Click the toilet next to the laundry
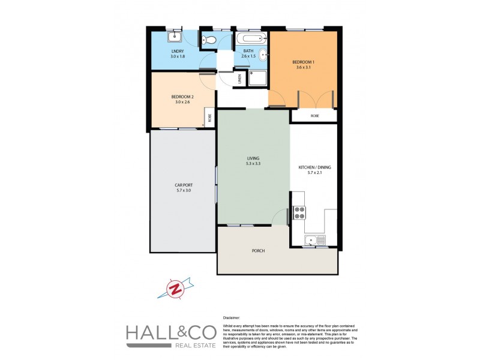click(206, 40)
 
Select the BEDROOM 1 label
click(303, 62)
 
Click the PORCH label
click(259, 251)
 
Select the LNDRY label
click(178, 52)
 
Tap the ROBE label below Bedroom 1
click(314, 115)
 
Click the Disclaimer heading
click(231, 317)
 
